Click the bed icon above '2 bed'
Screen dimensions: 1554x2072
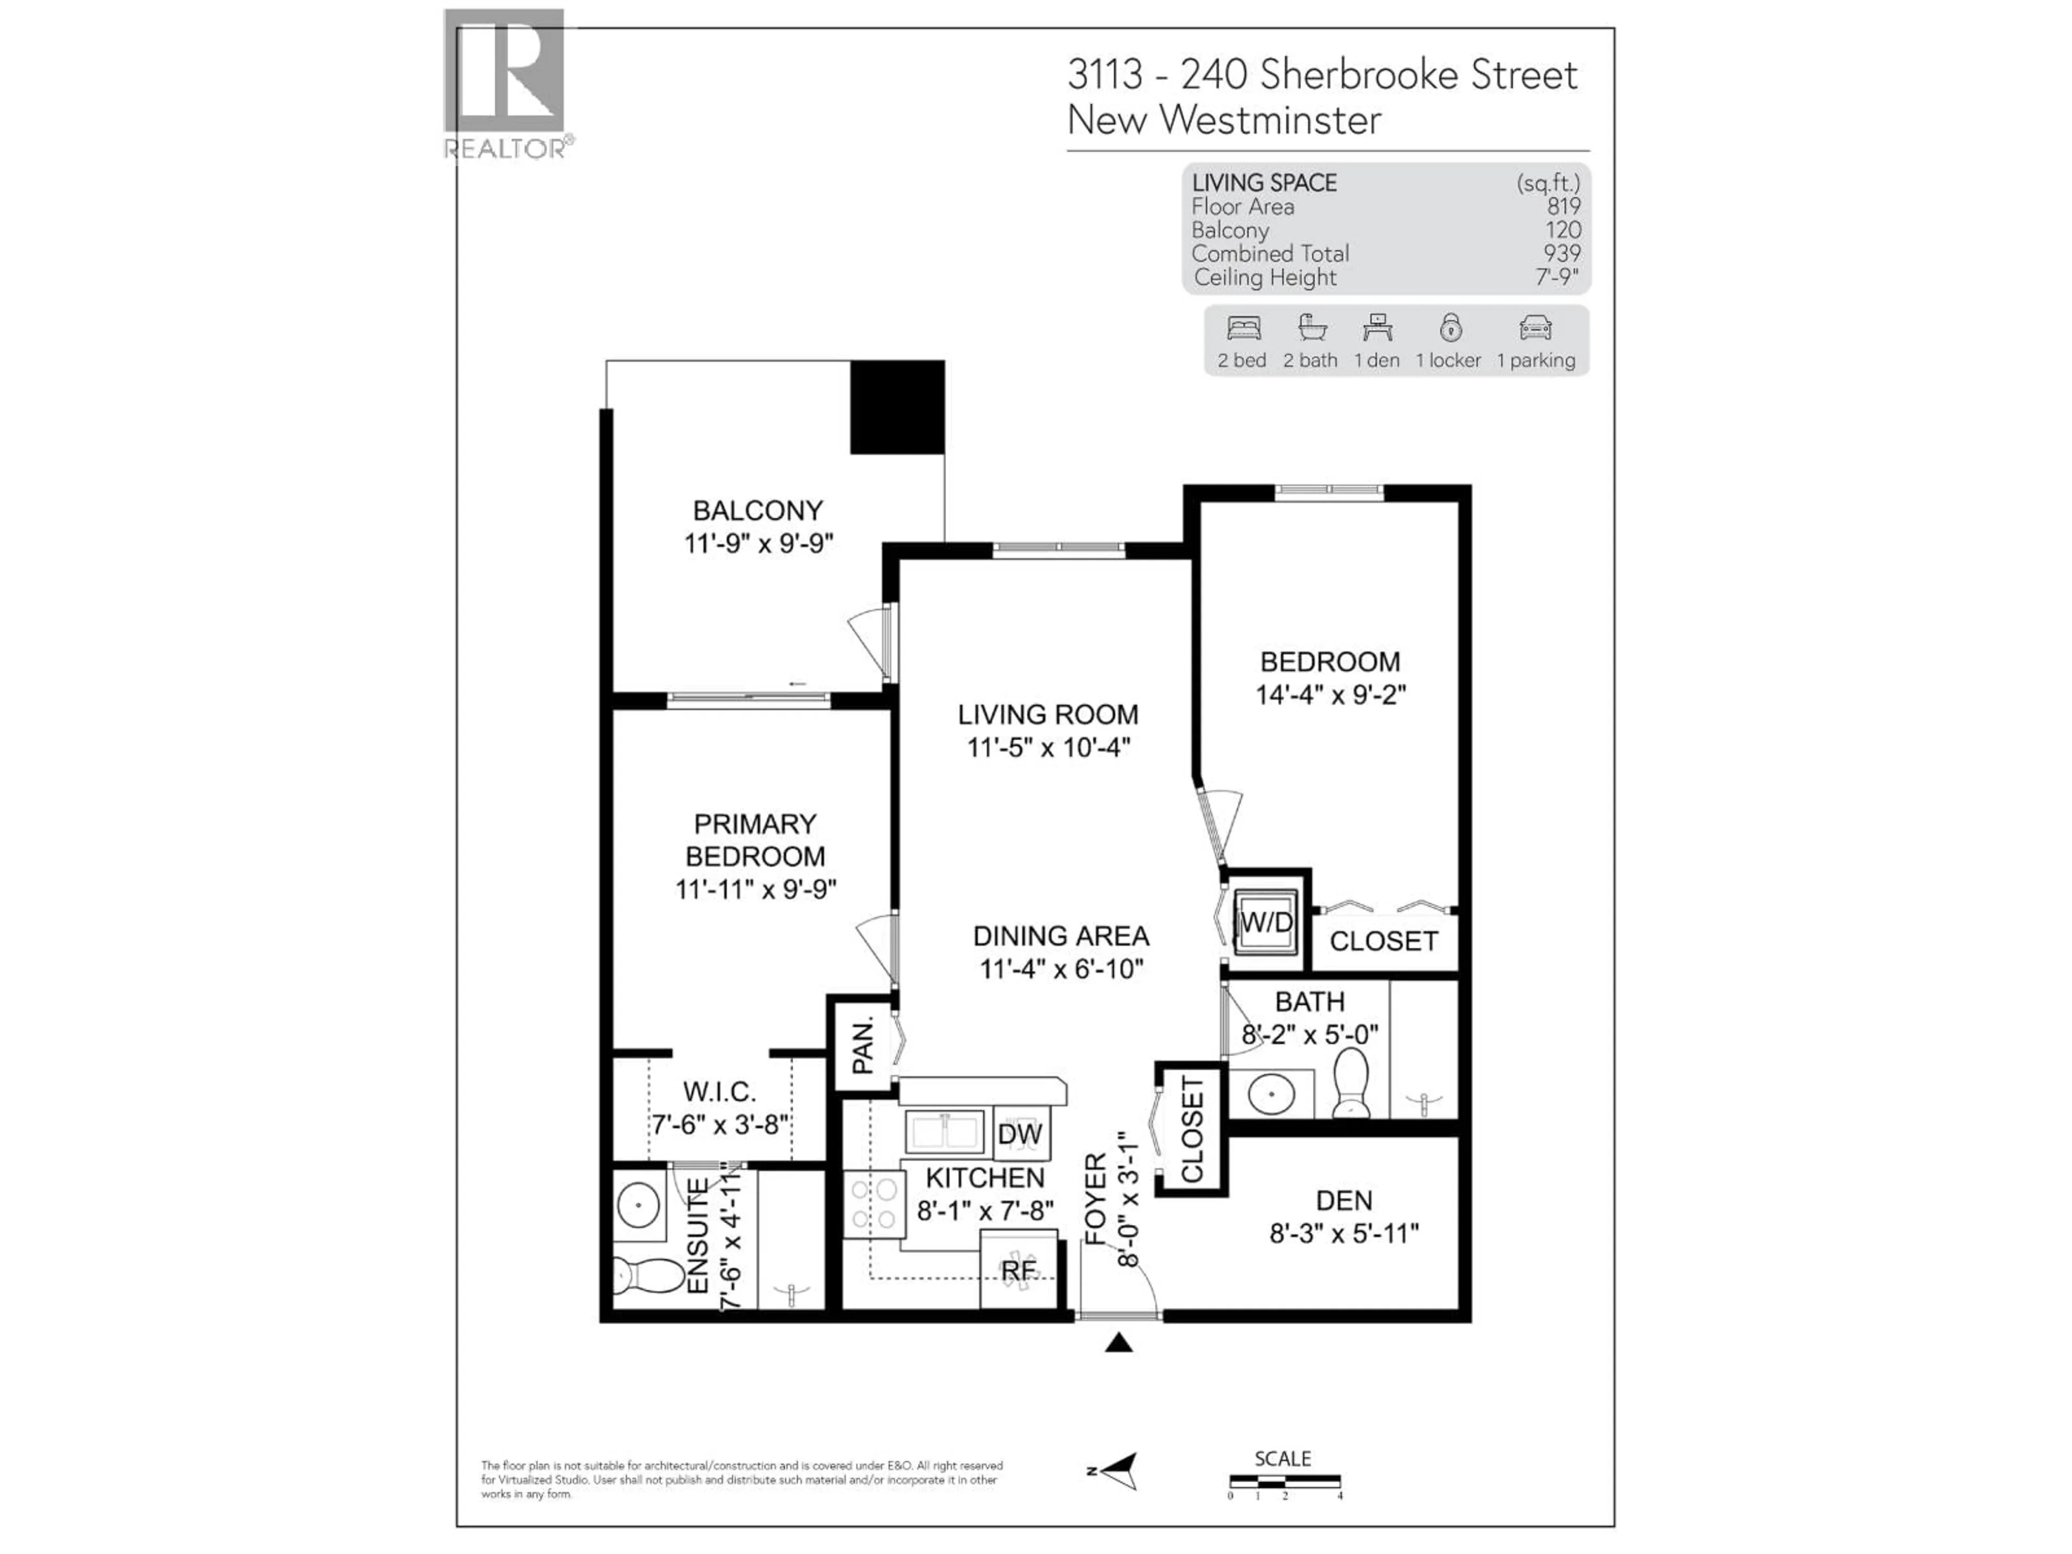pos(1244,329)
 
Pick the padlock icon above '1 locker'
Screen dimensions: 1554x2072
pos(1450,328)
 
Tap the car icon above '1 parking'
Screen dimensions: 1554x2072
pos(1535,329)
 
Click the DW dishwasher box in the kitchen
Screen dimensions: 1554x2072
pos(1020,1134)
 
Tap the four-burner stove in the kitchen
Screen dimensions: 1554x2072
pos(873,1204)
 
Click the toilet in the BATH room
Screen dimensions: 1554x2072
pos(1350,1082)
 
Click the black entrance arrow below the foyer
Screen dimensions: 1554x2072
pos(1119,1343)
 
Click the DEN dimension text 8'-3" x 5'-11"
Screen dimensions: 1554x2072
pos(1343,1233)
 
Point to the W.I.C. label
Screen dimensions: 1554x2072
pos(719,1091)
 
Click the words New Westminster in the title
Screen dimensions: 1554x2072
pos(1223,120)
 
